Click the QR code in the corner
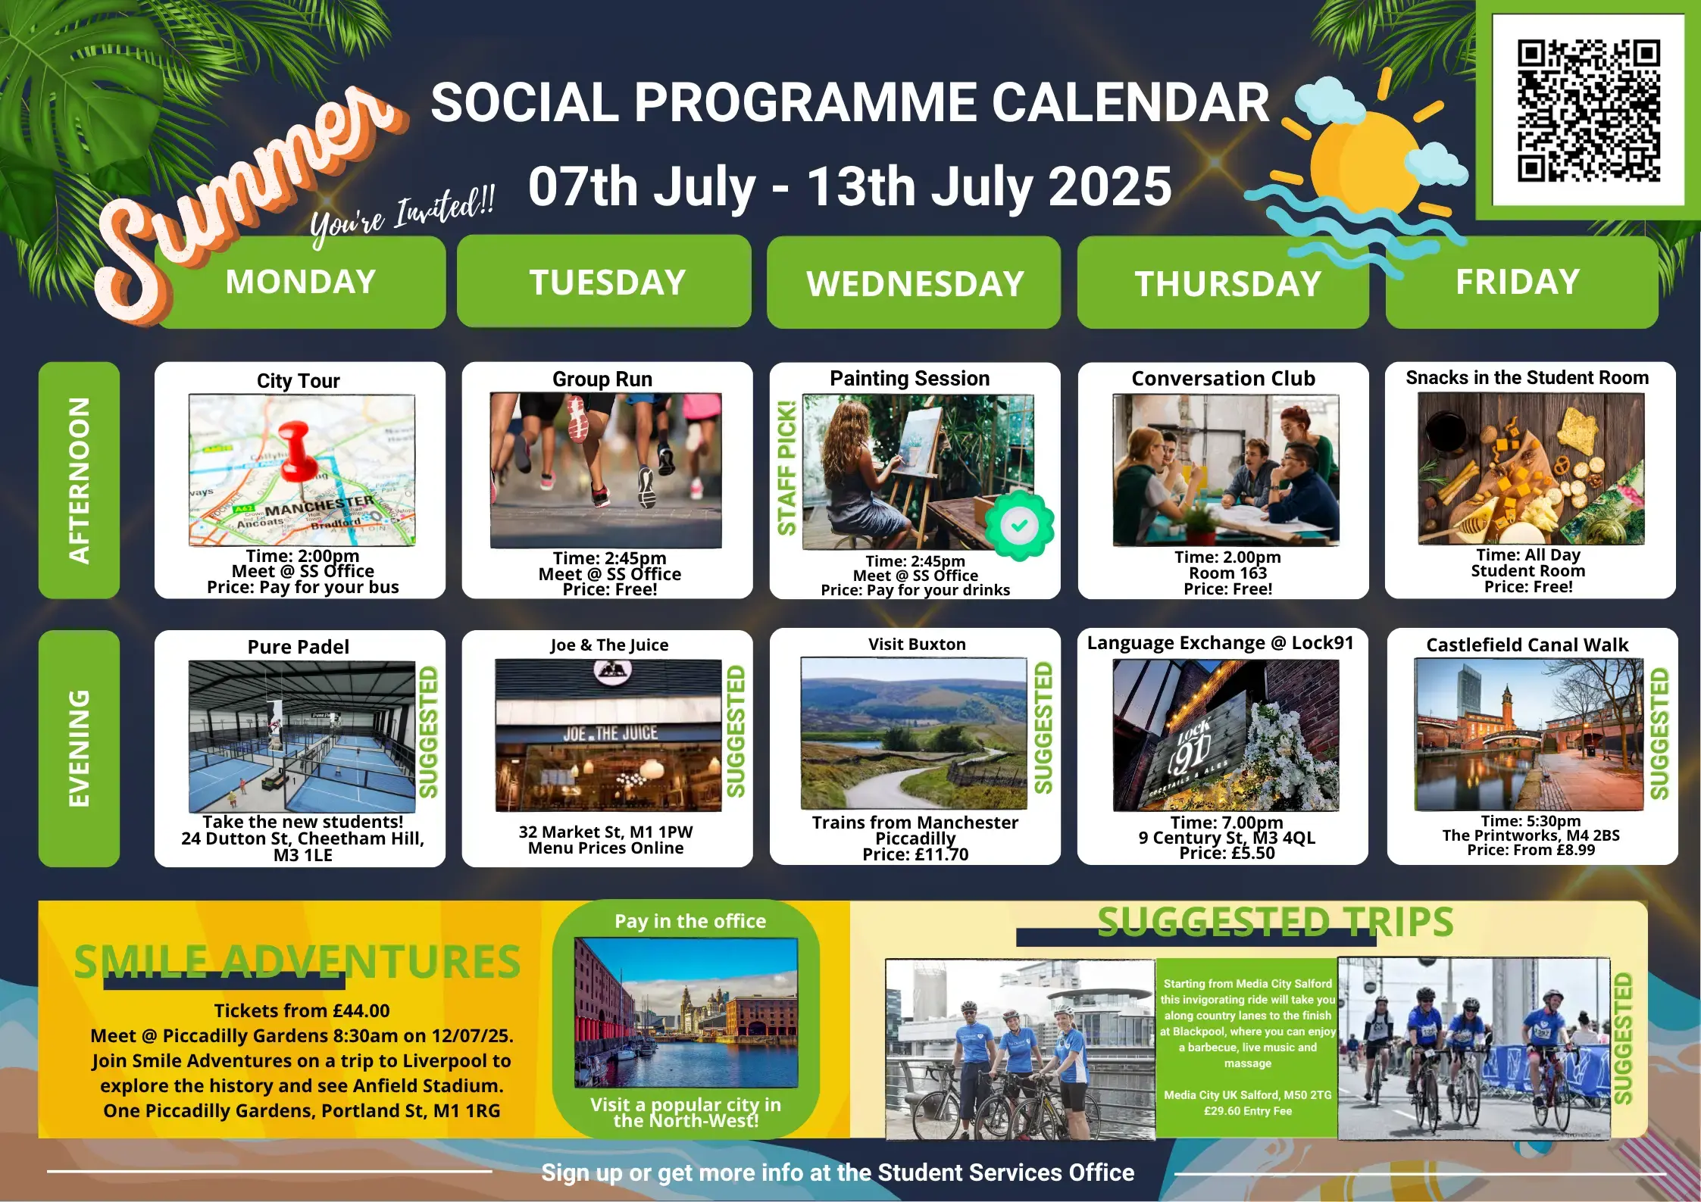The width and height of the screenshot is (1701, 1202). point(1588,111)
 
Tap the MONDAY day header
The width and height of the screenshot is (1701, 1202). point(301,282)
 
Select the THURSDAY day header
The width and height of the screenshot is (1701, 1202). point(1227,283)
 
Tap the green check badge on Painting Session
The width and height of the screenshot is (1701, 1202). point(1019,525)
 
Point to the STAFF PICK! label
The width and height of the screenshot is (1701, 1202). point(786,468)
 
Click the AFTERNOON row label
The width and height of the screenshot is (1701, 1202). point(79,480)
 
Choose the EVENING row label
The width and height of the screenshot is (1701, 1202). point(79,748)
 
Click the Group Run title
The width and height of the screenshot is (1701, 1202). point(602,379)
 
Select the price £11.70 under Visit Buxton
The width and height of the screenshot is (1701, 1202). point(915,854)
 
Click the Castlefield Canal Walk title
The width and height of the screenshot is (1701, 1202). point(1527,645)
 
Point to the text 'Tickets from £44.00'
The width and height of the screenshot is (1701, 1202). point(302,1010)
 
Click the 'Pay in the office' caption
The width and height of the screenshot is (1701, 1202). point(690,921)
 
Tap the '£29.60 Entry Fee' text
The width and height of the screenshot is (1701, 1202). point(1248,1111)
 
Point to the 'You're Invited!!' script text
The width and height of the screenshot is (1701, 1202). point(402,215)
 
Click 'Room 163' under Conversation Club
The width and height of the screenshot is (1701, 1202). point(1227,573)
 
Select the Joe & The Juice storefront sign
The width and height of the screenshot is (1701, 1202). point(610,733)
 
